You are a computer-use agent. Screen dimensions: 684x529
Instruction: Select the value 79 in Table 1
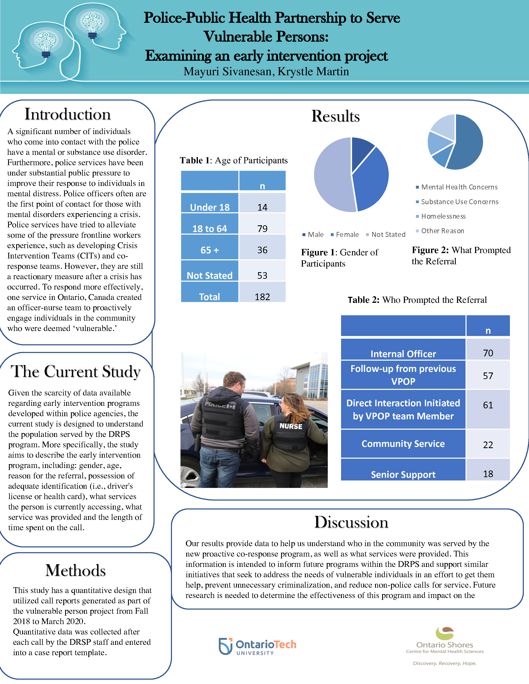(x=262, y=228)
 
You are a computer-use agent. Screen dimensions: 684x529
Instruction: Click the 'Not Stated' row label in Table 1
(x=210, y=275)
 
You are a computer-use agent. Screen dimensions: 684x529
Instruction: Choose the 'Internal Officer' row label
(x=403, y=354)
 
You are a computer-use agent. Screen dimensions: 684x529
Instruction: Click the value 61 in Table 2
(x=488, y=405)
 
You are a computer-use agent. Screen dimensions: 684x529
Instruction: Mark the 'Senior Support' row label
(x=403, y=474)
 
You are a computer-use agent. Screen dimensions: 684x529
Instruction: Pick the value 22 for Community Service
(x=488, y=445)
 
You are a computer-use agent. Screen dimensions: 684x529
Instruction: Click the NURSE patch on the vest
(x=291, y=426)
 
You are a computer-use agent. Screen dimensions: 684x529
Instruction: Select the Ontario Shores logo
(x=445, y=645)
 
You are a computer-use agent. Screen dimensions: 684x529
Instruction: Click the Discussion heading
(x=351, y=522)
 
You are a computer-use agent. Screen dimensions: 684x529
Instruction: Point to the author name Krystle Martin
(x=313, y=72)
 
